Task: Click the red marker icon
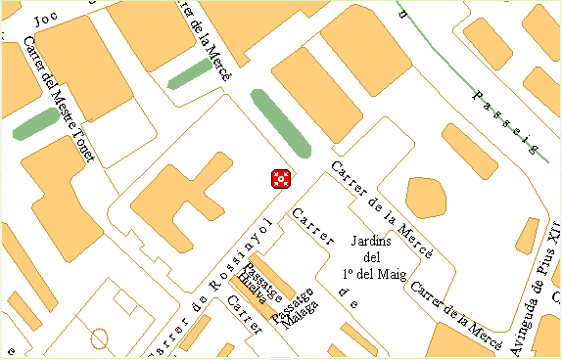tap(281, 178)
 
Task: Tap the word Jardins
tap(370, 241)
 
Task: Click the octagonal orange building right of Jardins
tap(425, 197)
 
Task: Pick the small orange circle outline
tap(99, 339)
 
